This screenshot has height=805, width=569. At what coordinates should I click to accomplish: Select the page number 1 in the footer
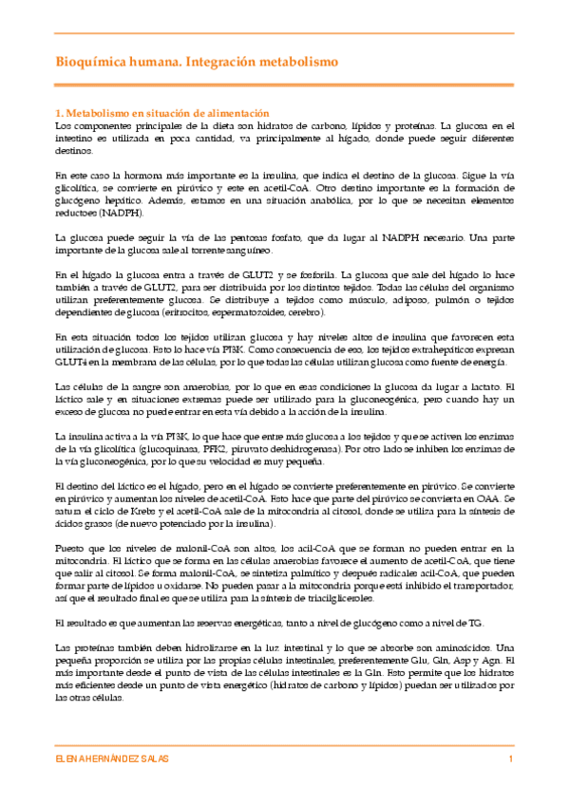coord(511,760)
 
